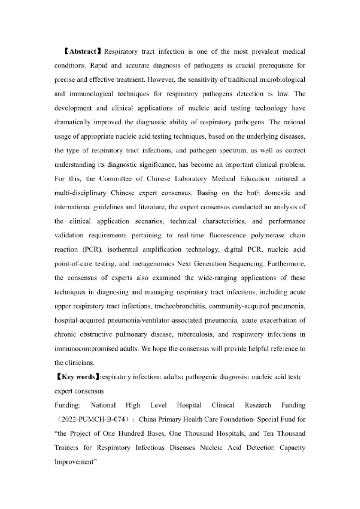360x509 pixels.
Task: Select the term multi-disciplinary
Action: (x=80, y=193)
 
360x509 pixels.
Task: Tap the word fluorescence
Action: (x=227, y=235)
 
